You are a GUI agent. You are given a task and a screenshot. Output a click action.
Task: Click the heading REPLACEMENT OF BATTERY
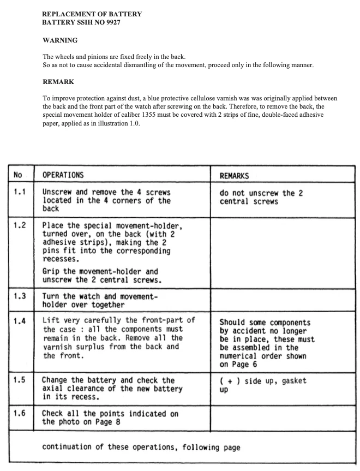pyautogui.click(x=92, y=14)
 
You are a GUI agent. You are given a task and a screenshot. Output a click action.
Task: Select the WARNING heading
pyautogui.click(x=60, y=40)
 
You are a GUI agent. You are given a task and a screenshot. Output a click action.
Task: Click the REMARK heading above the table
pyautogui.click(x=58, y=82)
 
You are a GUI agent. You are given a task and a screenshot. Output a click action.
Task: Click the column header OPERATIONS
pyautogui.click(x=63, y=175)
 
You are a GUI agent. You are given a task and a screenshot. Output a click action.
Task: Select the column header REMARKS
pyautogui.click(x=235, y=176)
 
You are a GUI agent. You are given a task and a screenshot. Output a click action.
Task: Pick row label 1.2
pyautogui.click(x=20, y=225)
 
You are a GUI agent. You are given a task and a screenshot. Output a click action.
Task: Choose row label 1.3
pyautogui.click(x=20, y=296)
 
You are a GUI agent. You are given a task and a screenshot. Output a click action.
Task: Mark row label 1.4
pyautogui.click(x=20, y=320)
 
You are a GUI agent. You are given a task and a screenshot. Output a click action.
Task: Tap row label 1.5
pyautogui.click(x=20, y=380)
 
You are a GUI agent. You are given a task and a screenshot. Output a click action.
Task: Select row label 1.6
pyautogui.click(x=20, y=413)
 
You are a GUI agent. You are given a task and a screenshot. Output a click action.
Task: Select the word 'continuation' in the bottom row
pyautogui.click(x=70, y=448)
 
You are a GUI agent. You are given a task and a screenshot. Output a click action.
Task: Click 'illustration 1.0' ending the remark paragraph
pyautogui.click(x=117, y=123)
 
